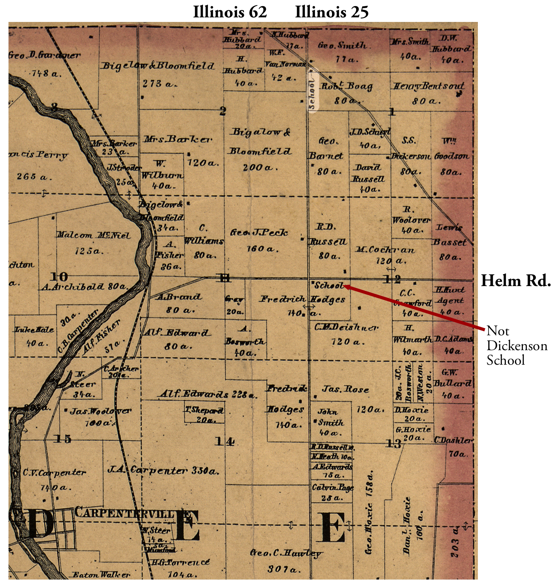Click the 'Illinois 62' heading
click(230, 12)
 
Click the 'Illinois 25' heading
click(332, 12)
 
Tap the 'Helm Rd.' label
click(516, 281)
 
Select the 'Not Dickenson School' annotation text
click(516, 345)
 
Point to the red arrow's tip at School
click(345, 286)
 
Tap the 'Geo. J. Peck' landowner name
click(259, 233)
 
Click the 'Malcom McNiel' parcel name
click(93, 235)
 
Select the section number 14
click(224, 441)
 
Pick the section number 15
click(62, 439)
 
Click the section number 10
click(58, 277)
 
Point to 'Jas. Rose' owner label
click(345, 389)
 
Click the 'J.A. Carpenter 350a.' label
click(163, 470)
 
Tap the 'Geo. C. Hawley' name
click(286, 553)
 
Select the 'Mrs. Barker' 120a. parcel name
click(178, 139)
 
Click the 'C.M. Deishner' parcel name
click(346, 327)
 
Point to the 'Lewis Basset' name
click(449, 235)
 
